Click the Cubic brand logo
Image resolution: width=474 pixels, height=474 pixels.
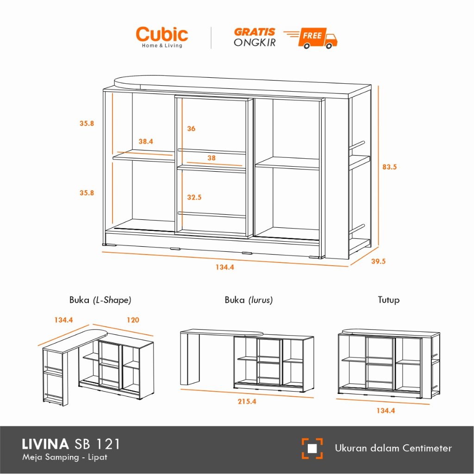[x=162, y=36]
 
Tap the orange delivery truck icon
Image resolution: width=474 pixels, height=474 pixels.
[x=319, y=38]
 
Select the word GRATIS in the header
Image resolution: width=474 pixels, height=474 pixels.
[x=255, y=32]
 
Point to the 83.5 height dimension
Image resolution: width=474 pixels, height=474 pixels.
[x=389, y=167]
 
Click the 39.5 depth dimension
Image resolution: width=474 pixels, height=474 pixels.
[x=378, y=261]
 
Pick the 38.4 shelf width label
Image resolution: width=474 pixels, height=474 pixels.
[x=145, y=142]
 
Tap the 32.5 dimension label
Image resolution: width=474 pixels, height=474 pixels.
[x=194, y=197]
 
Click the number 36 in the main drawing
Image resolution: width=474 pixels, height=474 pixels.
[x=191, y=129]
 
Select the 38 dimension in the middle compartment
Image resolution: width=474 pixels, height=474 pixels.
[x=212, y=158]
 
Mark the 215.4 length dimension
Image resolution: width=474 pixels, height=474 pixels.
[x=247, y=401]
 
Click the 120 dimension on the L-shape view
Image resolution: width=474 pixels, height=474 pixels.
[x=132, y=320]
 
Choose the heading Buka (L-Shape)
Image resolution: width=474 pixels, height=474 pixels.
[x=100, y=300]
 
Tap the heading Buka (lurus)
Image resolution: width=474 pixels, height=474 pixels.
[x=249, y=300]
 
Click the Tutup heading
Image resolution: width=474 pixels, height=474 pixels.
[x=388, y=300]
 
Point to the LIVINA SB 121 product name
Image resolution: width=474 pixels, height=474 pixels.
[x=71, y=444]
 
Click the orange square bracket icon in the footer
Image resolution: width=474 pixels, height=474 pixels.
[x=312, y=448]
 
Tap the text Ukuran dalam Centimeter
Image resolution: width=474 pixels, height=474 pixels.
[x=393, y=448]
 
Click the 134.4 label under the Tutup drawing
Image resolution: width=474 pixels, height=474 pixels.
[x=386, y=410]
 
